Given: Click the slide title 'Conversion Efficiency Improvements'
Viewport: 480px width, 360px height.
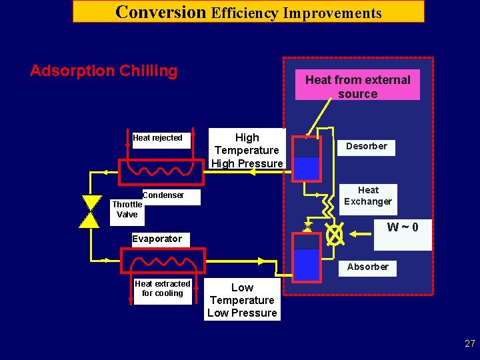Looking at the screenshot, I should coord(248,12).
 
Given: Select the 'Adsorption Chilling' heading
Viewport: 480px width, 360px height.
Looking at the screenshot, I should coord(104,71).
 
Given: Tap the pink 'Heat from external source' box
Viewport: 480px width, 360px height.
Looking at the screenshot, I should coord(358,86).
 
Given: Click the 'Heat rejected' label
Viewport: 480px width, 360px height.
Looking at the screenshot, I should coord(157,138).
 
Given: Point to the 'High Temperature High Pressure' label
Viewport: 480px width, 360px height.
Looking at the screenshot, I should coord(247,150).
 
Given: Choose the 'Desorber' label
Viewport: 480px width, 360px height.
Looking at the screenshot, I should coord(366,146).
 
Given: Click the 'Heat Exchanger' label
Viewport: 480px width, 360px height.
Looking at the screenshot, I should coord(368,196).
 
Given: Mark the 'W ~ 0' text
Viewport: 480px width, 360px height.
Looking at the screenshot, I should coord(403,227).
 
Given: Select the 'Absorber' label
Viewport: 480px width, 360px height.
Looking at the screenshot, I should coord(367,267).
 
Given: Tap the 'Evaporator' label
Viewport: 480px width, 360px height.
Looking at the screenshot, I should coord(157,239).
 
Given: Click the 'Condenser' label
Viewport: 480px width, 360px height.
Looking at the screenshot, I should coord(163,195).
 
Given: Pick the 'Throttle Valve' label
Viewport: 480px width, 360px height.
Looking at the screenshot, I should coord(127,209).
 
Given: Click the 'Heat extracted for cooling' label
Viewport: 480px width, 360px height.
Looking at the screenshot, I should coord(162,289).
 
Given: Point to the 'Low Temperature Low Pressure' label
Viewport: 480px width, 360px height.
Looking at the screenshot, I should coord(242,301).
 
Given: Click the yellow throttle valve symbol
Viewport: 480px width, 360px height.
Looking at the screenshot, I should coord(89,212).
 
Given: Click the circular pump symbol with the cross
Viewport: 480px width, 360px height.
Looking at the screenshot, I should coord(334,234).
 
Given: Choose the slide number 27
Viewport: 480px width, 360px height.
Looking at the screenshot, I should coord(470,344).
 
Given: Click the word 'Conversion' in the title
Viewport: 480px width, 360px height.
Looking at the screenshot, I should coord(161,12).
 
